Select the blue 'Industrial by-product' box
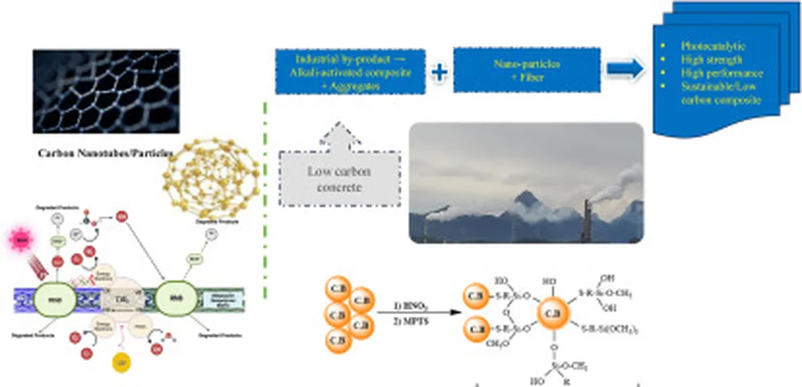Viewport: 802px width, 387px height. [350, 71]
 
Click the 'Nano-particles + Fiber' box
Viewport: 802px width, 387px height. [526, 71]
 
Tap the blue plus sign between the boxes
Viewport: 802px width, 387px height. [439, 72]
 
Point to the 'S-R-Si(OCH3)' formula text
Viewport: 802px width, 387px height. [611, 331]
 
